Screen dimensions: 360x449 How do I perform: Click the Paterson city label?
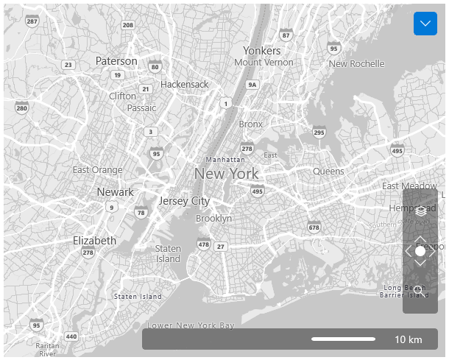pos(116,61)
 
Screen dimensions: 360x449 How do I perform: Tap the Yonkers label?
pos(262,51)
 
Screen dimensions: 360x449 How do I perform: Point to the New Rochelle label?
pos(356,64)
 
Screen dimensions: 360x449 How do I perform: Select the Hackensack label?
pos(184,85)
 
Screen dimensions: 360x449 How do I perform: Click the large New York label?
pos(226,174)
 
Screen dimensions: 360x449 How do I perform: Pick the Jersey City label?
pos(184,201)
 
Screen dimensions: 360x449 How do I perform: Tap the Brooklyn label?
pos(213,219)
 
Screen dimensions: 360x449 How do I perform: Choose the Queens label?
pos(328,172)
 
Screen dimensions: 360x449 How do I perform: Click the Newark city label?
pos(116,192)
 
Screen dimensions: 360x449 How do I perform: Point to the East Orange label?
pos(97,170)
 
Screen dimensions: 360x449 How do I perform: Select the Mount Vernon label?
pos(264,63)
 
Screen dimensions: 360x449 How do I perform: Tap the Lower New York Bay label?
pos(191,325)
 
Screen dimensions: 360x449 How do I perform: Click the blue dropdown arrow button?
pos(425,24)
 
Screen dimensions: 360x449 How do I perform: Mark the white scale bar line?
pos(343,339)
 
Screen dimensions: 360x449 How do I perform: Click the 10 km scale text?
pos(409,339)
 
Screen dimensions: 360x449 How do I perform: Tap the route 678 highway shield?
pos(314,227)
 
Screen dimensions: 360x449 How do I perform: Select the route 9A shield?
pos(252,85)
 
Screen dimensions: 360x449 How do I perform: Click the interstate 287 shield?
pos(32,21)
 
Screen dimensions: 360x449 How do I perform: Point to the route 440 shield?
pos(71,336)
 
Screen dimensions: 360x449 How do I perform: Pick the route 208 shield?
pos(128,25)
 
